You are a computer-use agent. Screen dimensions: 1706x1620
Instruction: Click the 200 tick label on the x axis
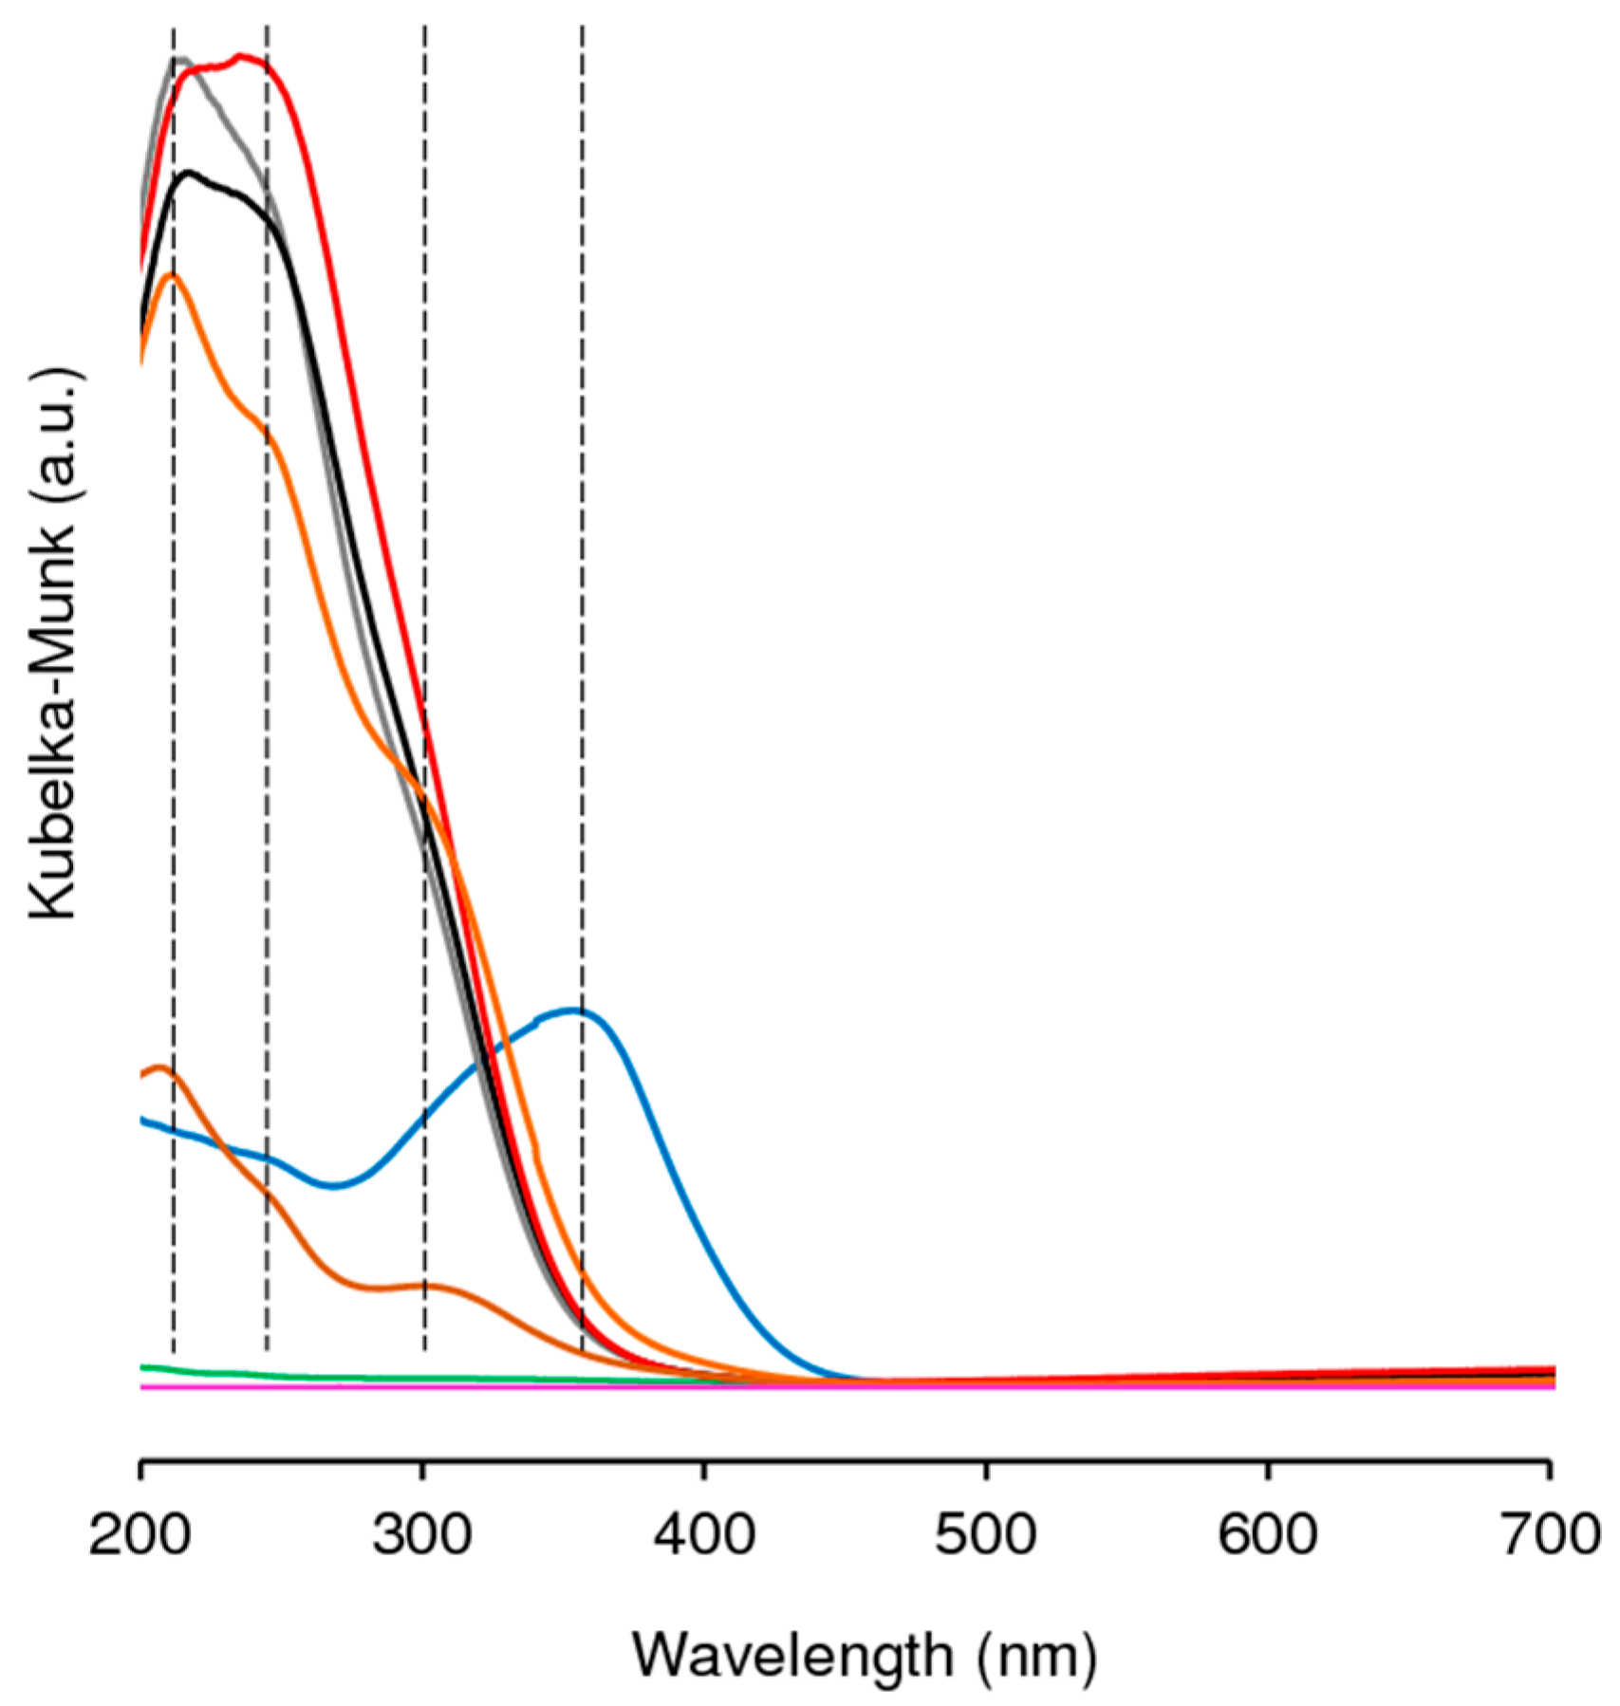(x=140, y=1533)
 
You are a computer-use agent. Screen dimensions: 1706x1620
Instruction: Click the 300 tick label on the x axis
(x=421, y=1533)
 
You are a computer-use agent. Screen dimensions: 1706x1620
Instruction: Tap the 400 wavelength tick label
(x=704, y=1533)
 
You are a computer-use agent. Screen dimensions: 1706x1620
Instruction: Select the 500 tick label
(x=985, y=1533)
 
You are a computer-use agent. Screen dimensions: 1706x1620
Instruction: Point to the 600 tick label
(x=1267, y=1533)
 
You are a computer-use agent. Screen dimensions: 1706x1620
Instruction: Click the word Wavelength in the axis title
(x=792, y=1657)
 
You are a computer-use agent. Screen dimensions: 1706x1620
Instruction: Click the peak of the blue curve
(x=572, y=1010)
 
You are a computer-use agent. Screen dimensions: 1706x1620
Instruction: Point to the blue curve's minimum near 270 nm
(x=334, y=1186)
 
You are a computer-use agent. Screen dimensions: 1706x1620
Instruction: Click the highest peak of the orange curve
(x=173, y=275)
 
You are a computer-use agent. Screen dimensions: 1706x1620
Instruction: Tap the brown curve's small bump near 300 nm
(x=424, y=1285)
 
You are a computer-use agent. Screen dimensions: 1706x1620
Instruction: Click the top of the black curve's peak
(x=190, y=172)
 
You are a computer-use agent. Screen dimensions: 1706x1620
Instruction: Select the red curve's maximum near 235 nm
(x=240, y=56)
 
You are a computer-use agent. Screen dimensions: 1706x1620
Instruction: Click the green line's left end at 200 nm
(x=142, y=1367)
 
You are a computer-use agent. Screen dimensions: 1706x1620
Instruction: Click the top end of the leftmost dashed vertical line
(x=173, y=28)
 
